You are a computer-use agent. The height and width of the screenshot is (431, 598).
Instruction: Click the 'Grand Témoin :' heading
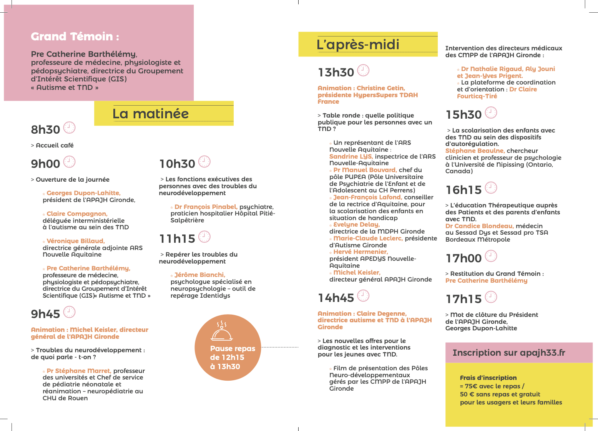[x=75, y=36]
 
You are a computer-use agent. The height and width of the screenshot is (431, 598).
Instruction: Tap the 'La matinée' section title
[x=151, y=114]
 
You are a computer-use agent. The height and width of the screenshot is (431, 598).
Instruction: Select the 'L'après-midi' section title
[x=358, y=45]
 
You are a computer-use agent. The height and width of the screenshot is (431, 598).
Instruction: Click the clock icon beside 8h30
[x=69, y=128]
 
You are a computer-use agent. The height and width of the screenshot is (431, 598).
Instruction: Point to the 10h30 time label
[x=177, y=164]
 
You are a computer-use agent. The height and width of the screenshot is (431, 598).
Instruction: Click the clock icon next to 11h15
[x=204, y=237]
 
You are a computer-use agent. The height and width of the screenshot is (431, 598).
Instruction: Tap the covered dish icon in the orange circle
[x=222, y=332]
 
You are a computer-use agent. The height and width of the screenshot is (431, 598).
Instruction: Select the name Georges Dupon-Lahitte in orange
[x=83, y=193]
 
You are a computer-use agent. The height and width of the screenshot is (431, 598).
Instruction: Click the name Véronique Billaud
[x=75, y=241]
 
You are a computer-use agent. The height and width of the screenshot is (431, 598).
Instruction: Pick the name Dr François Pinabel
[x=206, y=207]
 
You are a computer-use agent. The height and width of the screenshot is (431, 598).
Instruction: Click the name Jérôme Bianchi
[x=199, y=275]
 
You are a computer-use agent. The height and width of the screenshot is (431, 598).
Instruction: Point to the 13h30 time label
[x=336, y=72]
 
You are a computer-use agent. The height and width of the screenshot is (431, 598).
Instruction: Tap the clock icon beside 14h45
[x=363, y=296]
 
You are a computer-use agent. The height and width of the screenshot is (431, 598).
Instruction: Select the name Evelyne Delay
[x=356, y=224]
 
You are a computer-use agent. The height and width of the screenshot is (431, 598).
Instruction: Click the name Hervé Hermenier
[x=360, y=252]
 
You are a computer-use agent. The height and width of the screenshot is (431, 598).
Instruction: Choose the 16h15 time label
[x=463, y=190]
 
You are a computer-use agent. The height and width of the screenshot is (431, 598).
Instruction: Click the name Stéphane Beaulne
[x=475, y=151]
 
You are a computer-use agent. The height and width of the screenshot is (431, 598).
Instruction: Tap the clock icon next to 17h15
[x=491, y=297]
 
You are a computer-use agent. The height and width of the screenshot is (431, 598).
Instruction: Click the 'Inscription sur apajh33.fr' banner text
[x=508, y=353]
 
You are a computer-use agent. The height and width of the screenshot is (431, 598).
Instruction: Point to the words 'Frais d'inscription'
[x=488, y=378]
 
